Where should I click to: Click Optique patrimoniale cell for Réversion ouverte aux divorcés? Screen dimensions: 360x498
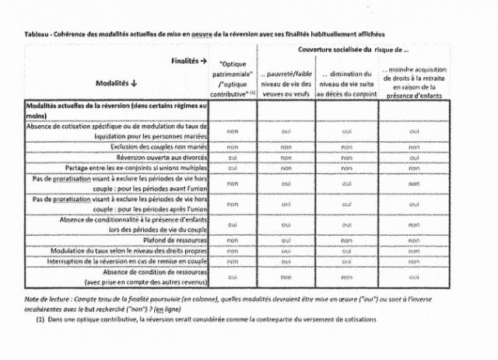232,156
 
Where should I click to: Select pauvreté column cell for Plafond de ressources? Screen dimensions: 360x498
286,240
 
